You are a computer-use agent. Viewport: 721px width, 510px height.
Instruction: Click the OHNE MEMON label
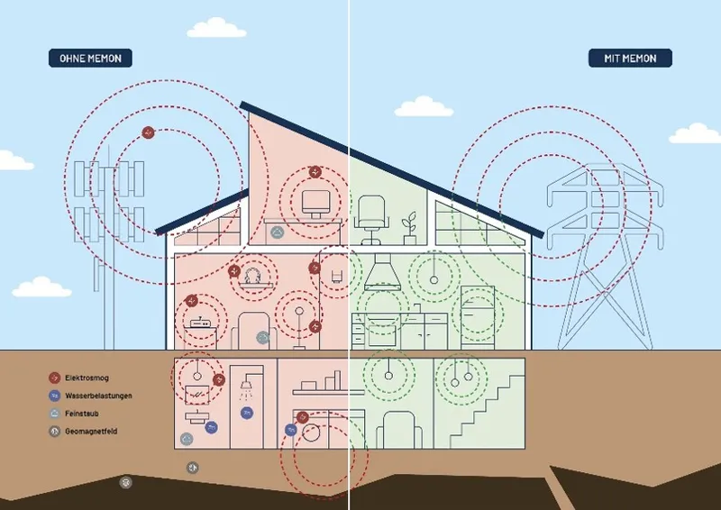click(90, 59)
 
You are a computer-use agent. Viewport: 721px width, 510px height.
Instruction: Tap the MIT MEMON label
click(630, 59)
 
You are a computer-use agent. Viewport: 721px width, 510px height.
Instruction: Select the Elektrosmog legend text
click(87, 378)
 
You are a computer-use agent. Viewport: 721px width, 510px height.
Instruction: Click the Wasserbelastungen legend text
click(98, 396)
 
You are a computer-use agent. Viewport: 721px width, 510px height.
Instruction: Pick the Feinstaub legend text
click(82, 414)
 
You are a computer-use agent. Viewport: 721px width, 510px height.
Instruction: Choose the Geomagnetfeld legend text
click(91, 432)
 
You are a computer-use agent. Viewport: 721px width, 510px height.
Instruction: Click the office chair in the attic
click(371, 220)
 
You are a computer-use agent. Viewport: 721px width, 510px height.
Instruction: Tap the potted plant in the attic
click(409, 228)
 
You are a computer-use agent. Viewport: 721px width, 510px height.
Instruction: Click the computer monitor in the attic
click(316, 205)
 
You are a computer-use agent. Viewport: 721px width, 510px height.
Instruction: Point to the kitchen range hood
click(382, 272)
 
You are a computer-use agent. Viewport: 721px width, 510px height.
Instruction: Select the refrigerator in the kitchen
click(478, 317)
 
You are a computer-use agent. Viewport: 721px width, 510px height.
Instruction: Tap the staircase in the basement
click(488, 412)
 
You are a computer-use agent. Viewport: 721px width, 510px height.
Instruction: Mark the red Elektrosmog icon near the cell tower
click(148, 132)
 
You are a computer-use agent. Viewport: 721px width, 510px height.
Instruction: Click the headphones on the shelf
click(252, 276)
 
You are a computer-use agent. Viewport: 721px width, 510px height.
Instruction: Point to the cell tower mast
click(109, 249)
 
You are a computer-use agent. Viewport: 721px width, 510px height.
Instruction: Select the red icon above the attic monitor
click(315, 172)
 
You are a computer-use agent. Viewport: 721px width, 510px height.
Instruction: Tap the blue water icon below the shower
click(247, 413)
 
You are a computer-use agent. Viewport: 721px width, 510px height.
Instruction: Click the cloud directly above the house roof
click(424, 106)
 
